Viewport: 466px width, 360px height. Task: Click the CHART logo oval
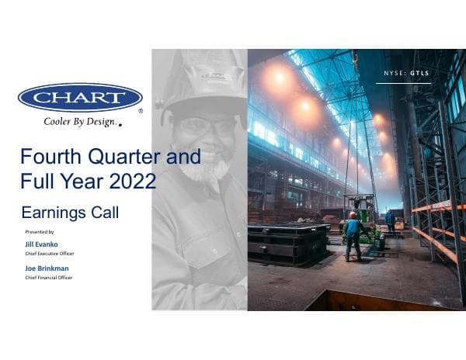pyautogui.click(x=80, y=98)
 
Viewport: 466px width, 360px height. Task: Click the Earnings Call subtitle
pyautogui.click(x=70, y=212)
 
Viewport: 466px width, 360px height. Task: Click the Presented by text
pyautogui.click(x=40, y=232)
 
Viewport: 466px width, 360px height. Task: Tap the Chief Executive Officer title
pyautogui.click(x=50, y=253)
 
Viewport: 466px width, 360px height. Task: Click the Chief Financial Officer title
pyautogui.click(x=50, y=278)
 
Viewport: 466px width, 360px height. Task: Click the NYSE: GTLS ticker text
pyautogui.click(x=406, y=73)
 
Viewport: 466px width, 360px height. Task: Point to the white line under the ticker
pyautogui.click(x=403, y=83)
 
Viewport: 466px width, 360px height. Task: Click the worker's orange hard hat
pyautogui.click(x=353, y=215)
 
